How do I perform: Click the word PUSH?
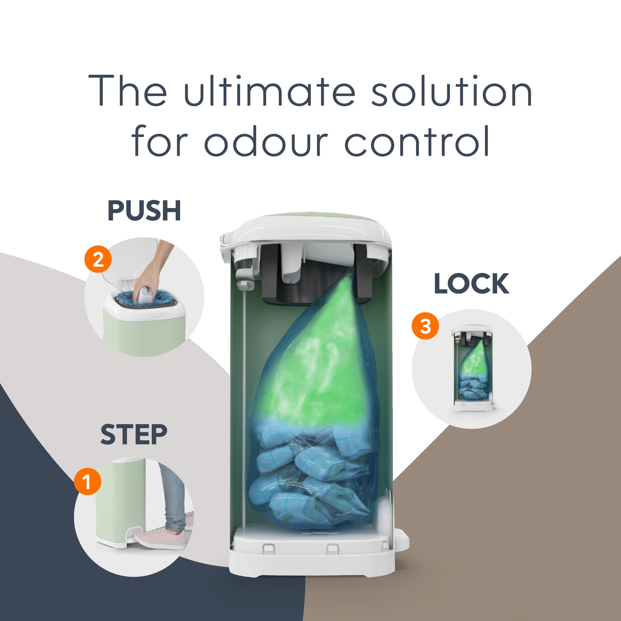[x=144, y=211]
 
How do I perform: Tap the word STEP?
[x=134, y=435]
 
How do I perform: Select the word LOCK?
[x=471, y=284]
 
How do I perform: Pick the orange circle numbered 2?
[x=98, y=260]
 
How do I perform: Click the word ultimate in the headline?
[x=269, y=90]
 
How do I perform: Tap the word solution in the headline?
[x=452, y=90]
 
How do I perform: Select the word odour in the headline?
[x=266, y=141]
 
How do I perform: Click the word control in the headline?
[x=417, y=141]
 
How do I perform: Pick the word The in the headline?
[x=128, y=90]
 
